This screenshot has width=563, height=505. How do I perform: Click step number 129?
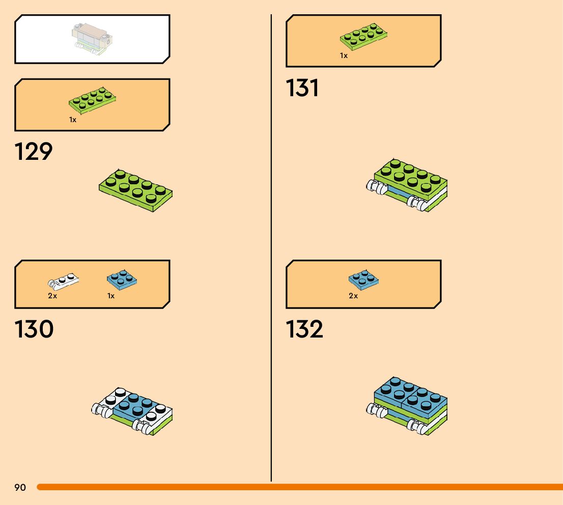34,152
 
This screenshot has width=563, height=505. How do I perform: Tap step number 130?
34,329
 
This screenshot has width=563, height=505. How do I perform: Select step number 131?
302,88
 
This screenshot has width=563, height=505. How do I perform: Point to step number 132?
304,329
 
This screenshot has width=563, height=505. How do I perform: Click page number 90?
20,488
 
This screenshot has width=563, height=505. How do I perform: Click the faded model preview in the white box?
92,38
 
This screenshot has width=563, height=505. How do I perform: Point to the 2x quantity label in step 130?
52,296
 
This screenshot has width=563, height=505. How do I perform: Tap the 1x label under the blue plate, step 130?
111,296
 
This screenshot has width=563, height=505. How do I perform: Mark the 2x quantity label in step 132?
353,296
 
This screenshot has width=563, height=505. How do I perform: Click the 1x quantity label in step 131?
344,55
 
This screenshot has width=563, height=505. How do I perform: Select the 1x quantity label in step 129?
73,120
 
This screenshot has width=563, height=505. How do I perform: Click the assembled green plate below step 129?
135,190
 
